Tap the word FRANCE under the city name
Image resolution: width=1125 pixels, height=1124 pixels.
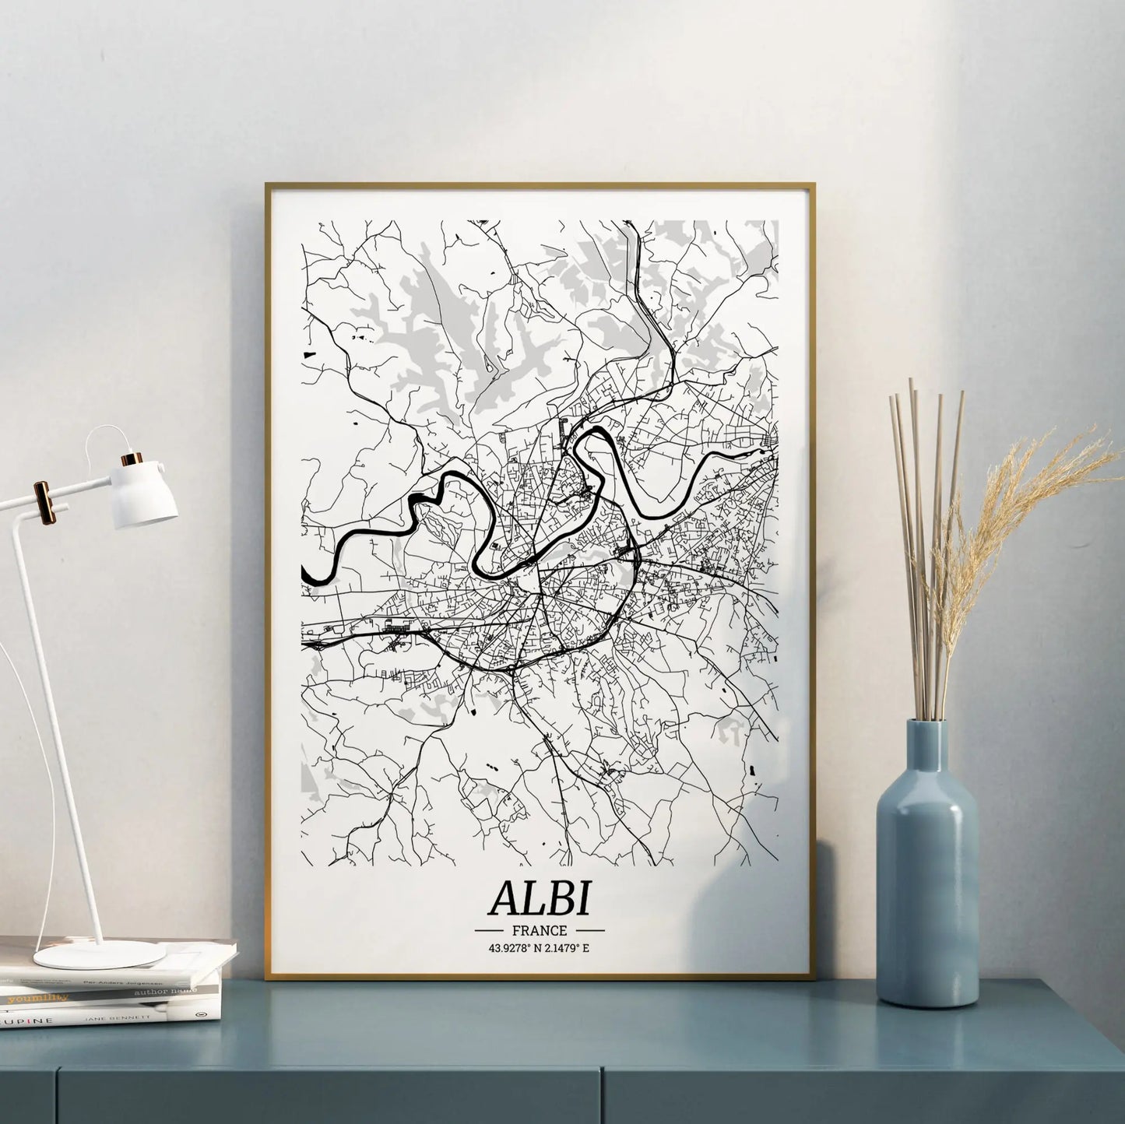pyautogui.click(x=540, y=930)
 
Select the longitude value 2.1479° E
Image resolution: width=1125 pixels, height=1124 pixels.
pyautogui.click(x=568, y=948)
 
